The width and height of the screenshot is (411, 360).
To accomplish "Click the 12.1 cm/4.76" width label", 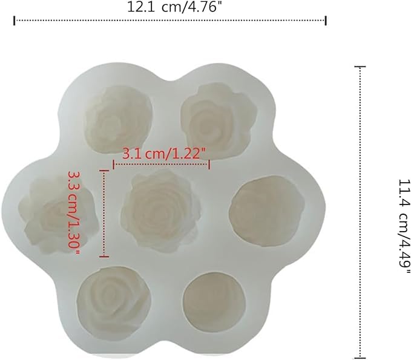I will click(170, 7).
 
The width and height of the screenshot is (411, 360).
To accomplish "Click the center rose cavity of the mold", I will click(158, 209).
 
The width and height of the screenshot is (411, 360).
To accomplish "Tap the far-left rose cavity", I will click(50, 213).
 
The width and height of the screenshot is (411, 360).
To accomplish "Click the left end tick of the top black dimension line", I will click(14, 21).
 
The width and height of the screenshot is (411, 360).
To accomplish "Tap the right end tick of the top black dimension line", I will click(326, 21).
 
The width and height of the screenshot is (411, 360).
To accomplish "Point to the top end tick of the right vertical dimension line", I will click(361, 67).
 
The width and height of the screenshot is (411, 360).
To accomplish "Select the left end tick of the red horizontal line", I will click(114, 164).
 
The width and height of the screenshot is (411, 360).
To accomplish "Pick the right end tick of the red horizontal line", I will click(209, 164).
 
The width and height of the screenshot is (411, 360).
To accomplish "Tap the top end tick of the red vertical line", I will click(105, 171).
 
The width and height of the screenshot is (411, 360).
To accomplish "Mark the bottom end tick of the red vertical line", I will click(105, 256).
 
